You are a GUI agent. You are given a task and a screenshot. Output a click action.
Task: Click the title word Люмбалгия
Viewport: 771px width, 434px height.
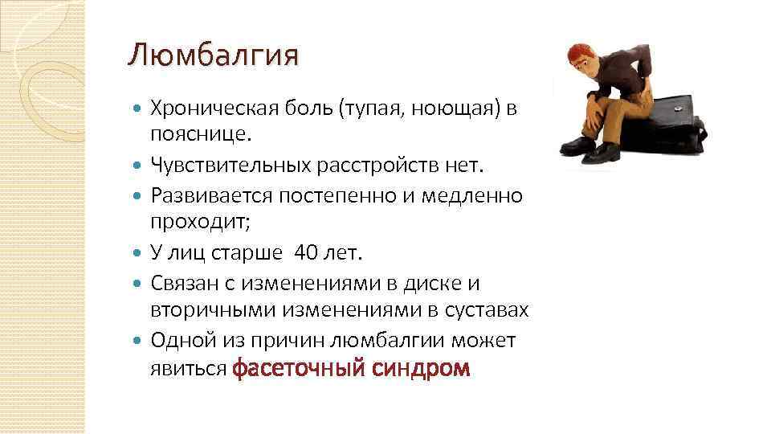[212, 55]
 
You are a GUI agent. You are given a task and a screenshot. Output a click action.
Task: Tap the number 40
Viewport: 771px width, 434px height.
[307, 253]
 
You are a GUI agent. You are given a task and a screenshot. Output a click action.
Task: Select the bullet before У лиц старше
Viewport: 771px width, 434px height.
[137, 253]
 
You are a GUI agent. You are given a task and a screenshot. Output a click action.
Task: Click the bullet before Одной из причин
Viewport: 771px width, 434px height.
[137, 341]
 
